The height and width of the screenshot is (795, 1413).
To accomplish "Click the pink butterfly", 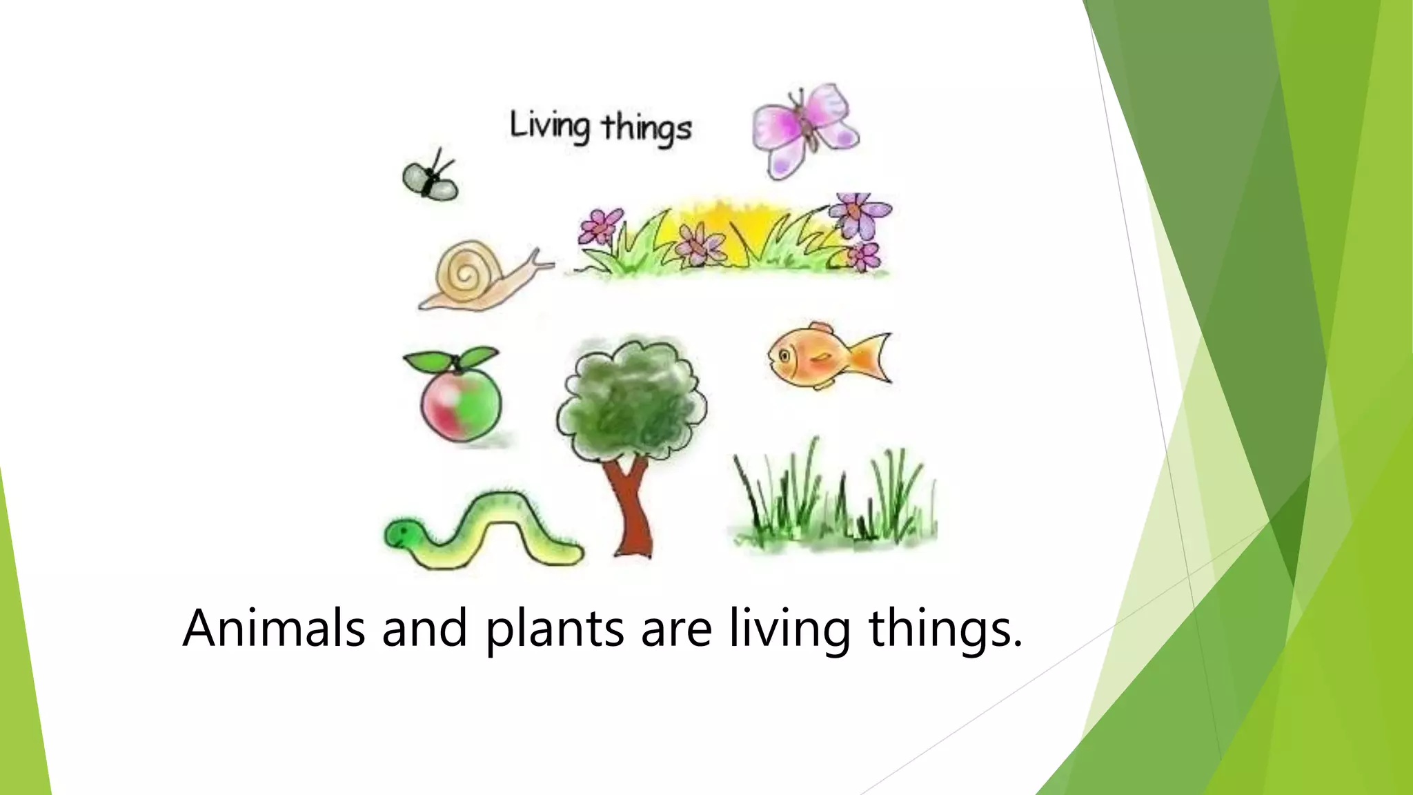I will [x=804, y=129].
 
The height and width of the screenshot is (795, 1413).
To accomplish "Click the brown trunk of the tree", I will [x=630, y=507].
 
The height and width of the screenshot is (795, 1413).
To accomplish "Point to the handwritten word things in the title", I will [x=646, y=129].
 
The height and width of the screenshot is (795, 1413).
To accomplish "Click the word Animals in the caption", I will [x=273, y=628].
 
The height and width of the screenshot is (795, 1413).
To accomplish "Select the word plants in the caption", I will [x=555, y=629].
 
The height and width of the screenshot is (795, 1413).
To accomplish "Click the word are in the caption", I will [x=676, y=629].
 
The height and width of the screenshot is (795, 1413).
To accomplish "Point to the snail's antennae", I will [x=542, y=259].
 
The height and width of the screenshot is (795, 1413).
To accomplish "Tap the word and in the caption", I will [x=424, y=628].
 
